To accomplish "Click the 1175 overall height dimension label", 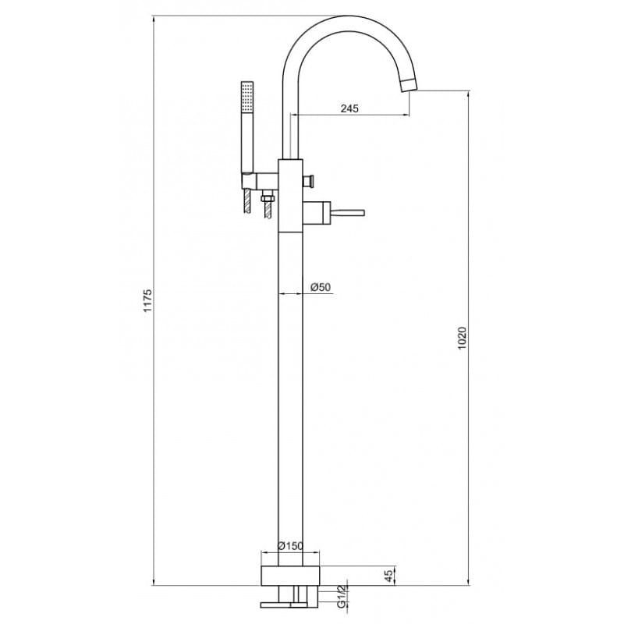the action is click(147, 300).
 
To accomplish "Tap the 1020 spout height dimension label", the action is click(462, 339).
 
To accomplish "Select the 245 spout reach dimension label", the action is click(349, 108).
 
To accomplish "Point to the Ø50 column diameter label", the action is click(321, 287).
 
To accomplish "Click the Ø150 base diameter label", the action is click(290, 546).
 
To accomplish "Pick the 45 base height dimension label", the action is click(388, 575).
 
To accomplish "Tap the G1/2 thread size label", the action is click(342, 597).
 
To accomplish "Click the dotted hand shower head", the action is click(247, 97).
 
